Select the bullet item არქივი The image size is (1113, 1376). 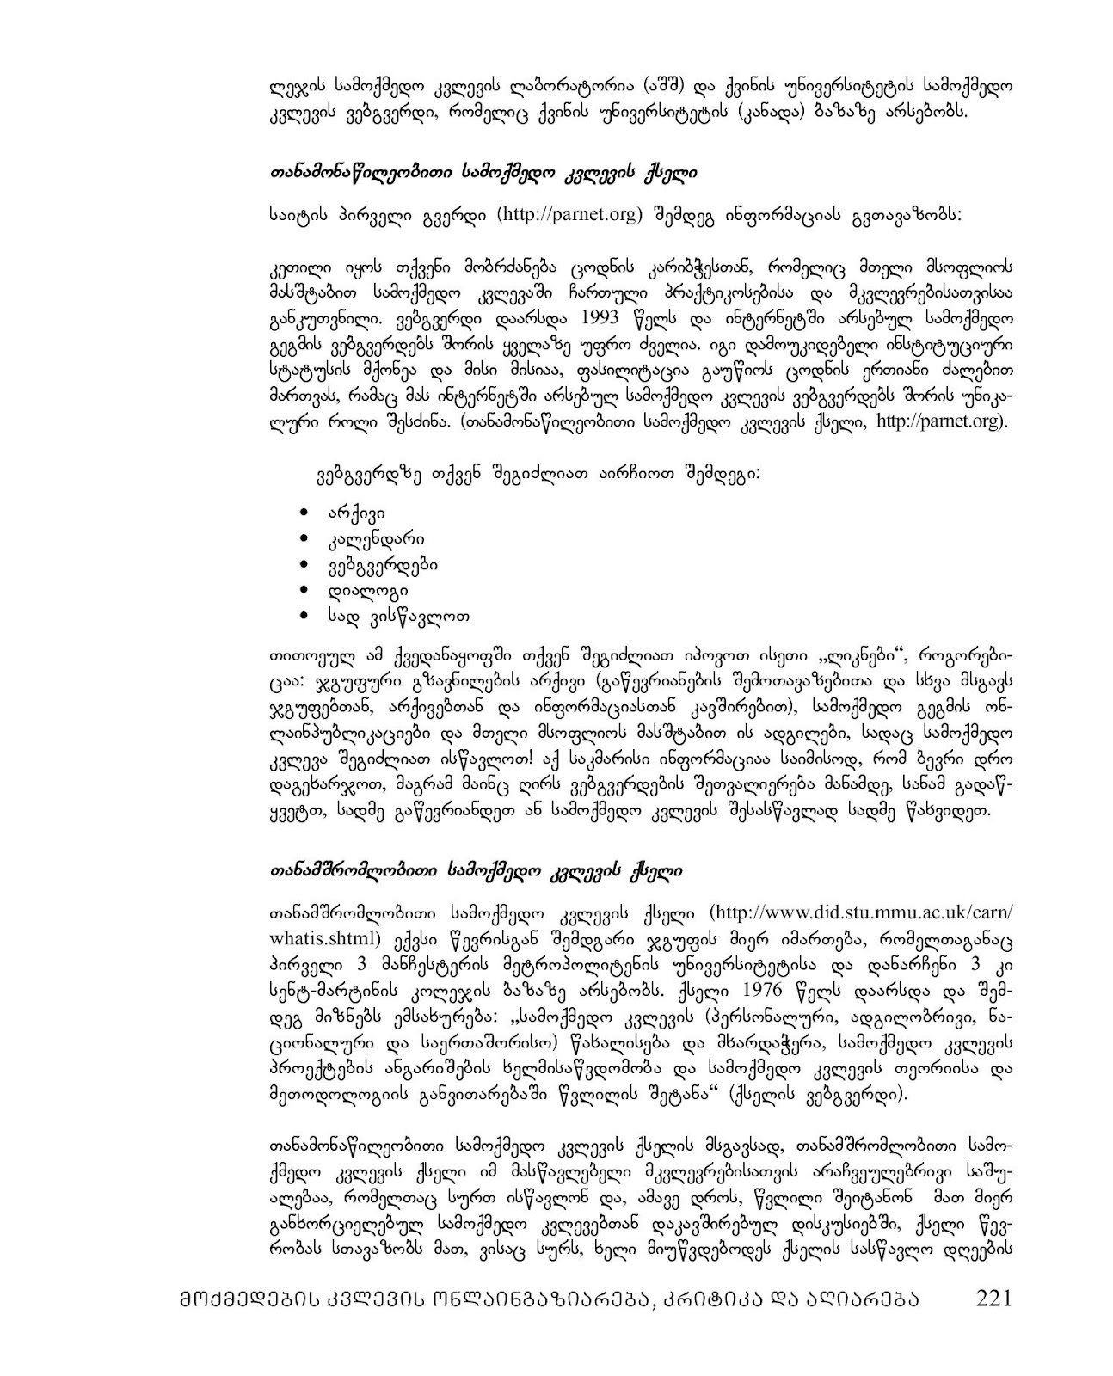[x=355, y=513]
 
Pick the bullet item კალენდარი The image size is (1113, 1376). [x=375, y=539]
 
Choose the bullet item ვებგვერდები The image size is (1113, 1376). [x=383, y=565]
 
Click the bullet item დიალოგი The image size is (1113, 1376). [x=367, y=590]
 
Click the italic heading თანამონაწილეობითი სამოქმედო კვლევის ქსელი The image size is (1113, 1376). [x=483, y=174]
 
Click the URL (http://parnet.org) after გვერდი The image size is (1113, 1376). [x=569, y=214]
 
